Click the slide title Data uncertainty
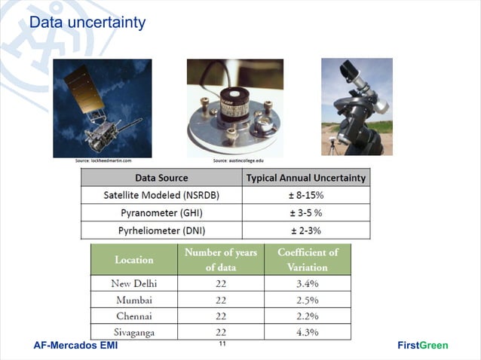(x=87, y=23)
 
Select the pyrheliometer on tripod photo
(x=357, y=106)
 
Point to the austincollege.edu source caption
(x=238, y=160)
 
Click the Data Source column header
(x=161, y=178)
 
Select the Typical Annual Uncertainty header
(x=306, y=178)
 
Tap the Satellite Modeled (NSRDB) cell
(x=161, y=195)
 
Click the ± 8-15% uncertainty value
(x=306, y=195)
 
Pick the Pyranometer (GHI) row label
(x=161, y=213)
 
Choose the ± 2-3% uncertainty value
(x=306, y=230)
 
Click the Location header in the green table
(x=133, y=260)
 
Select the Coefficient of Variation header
(x=308, y=260)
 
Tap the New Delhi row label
(x=133, y=284)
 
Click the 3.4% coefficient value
(x=308, y=284)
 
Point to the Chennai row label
(x=133, y=316)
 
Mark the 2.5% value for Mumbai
(x=308, y=300)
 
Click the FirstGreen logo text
(x=422, y=346)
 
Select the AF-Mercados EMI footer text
(x=75, y=346)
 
